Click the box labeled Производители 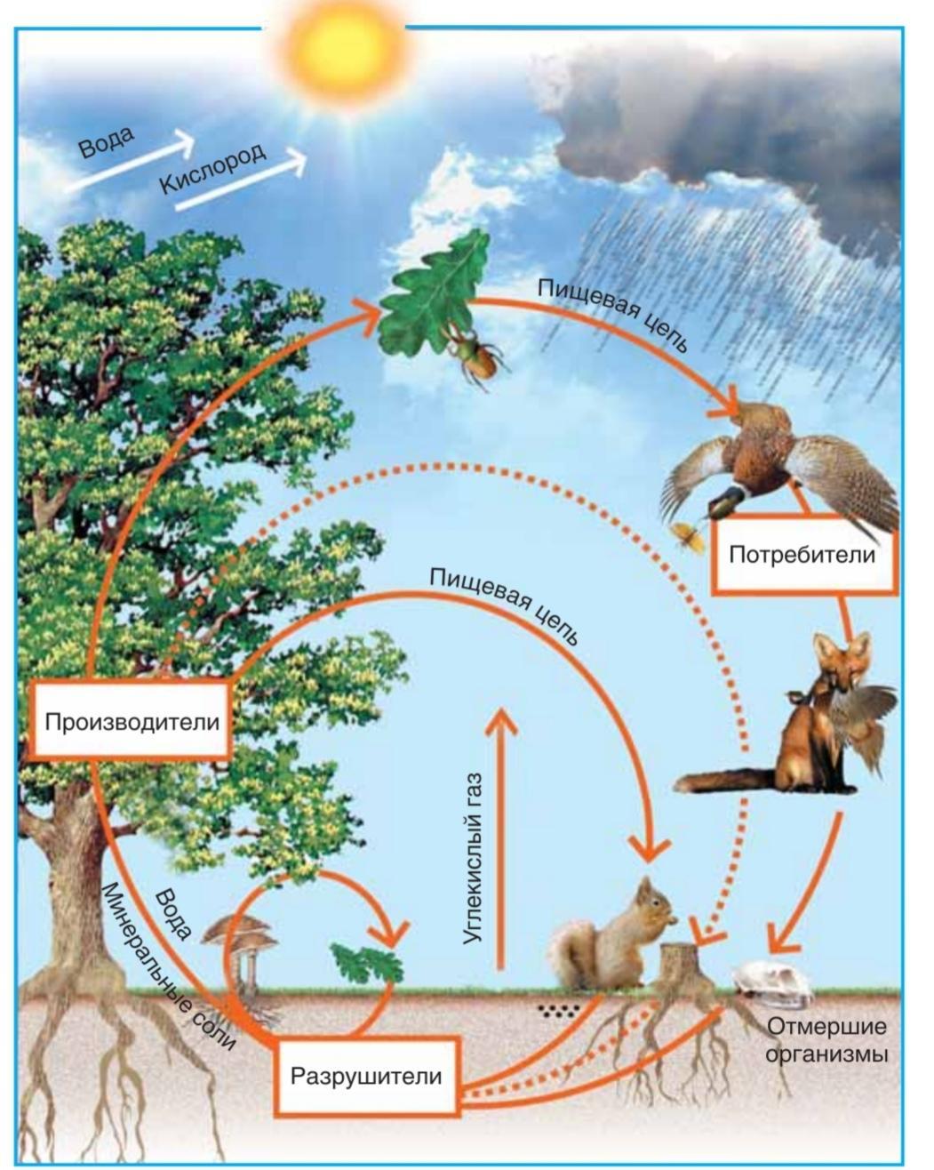tap(132, 721)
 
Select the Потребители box tap(802, 556)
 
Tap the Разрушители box tap(366, 1076)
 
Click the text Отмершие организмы tap(826, 1041)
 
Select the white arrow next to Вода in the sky tap(129, 162)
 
